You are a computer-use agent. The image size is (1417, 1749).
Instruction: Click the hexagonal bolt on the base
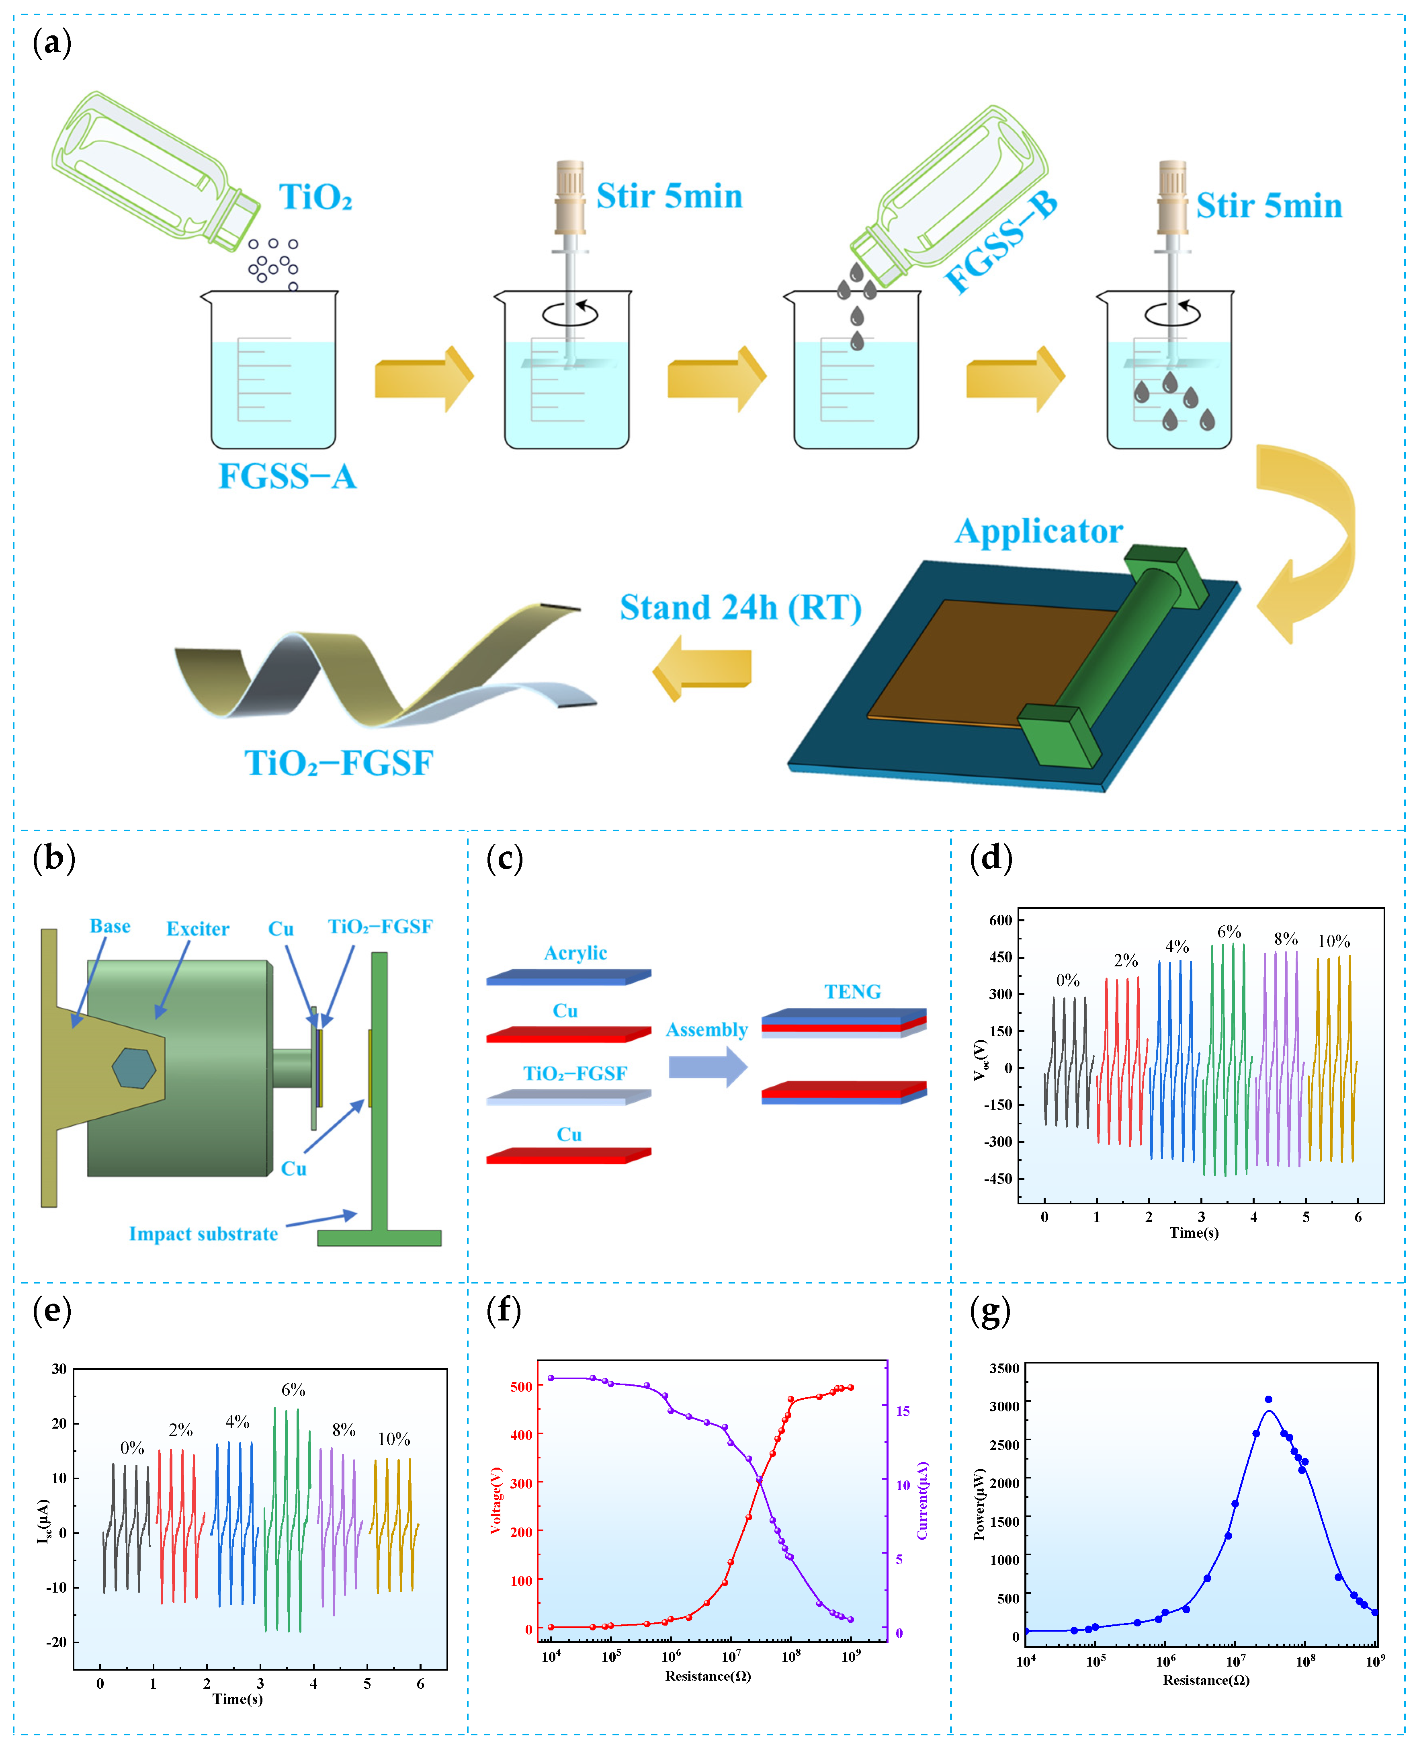coord(133,1068)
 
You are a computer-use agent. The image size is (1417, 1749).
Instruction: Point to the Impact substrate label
coord(203,1234)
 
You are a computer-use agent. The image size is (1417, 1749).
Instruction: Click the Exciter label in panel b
coord(198,929)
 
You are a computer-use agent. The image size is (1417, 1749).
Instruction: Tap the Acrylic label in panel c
coord(575,953)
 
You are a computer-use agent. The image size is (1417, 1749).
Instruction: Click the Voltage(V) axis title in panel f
coord(496,1500)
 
